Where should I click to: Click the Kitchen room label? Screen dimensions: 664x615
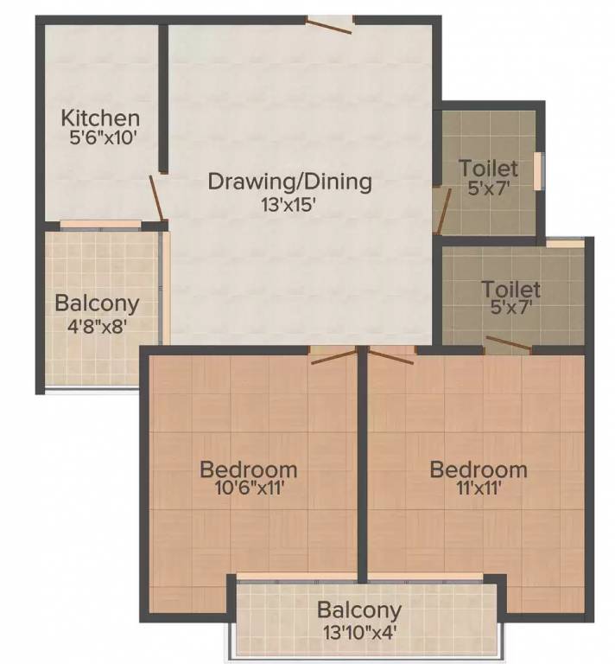[x=100, y=118]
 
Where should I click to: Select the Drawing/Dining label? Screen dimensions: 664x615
[x=290, y=182]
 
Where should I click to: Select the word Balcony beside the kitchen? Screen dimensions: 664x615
[x=97, y=304]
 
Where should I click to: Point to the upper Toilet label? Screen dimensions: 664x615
[x=488, y=168]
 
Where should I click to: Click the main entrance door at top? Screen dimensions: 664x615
[x=329, y=24]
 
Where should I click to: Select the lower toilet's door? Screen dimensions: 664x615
[x=507, y=345]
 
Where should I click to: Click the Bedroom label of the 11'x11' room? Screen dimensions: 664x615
[x=479, y=469]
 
